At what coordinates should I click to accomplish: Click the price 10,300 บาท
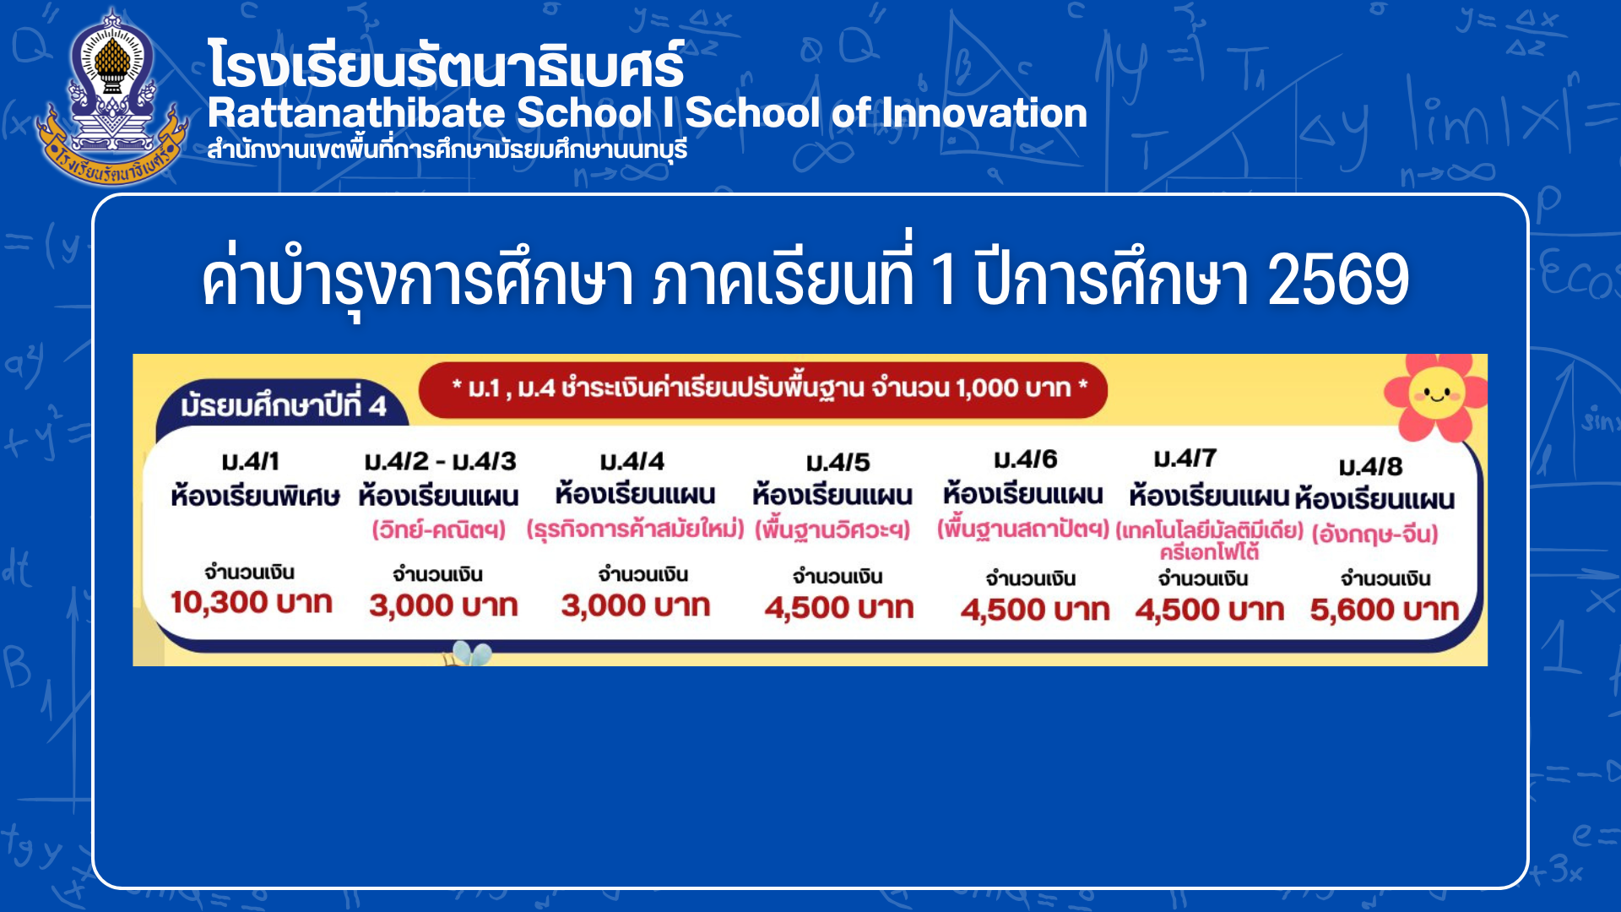[x=252, y=603]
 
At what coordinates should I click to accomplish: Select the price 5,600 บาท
[x=1385, y=610]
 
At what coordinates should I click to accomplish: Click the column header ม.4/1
[x=250, y=462]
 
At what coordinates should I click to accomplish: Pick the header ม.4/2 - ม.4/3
[x=440, y=462]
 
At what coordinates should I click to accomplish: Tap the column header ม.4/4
[x=632, y=462]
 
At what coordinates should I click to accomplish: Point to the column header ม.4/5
[x=838, y=463]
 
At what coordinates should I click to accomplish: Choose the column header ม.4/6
[x=1026, y=459]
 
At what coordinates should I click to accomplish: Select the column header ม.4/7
[x=1185, y=459]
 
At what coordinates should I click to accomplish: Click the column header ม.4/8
[x=1371, y=467]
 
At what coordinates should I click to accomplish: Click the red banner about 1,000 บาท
[x=763, y=389]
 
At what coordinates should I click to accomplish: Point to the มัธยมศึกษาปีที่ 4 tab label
[x=284, y=405]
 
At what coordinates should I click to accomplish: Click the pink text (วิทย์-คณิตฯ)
[x=439, y=530]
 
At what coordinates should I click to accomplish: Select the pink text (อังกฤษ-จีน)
[x=1374, y=534]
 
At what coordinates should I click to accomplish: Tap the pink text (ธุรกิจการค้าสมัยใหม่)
[x=635, y=529]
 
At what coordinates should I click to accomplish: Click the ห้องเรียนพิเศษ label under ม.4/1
[x=255, y=496]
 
